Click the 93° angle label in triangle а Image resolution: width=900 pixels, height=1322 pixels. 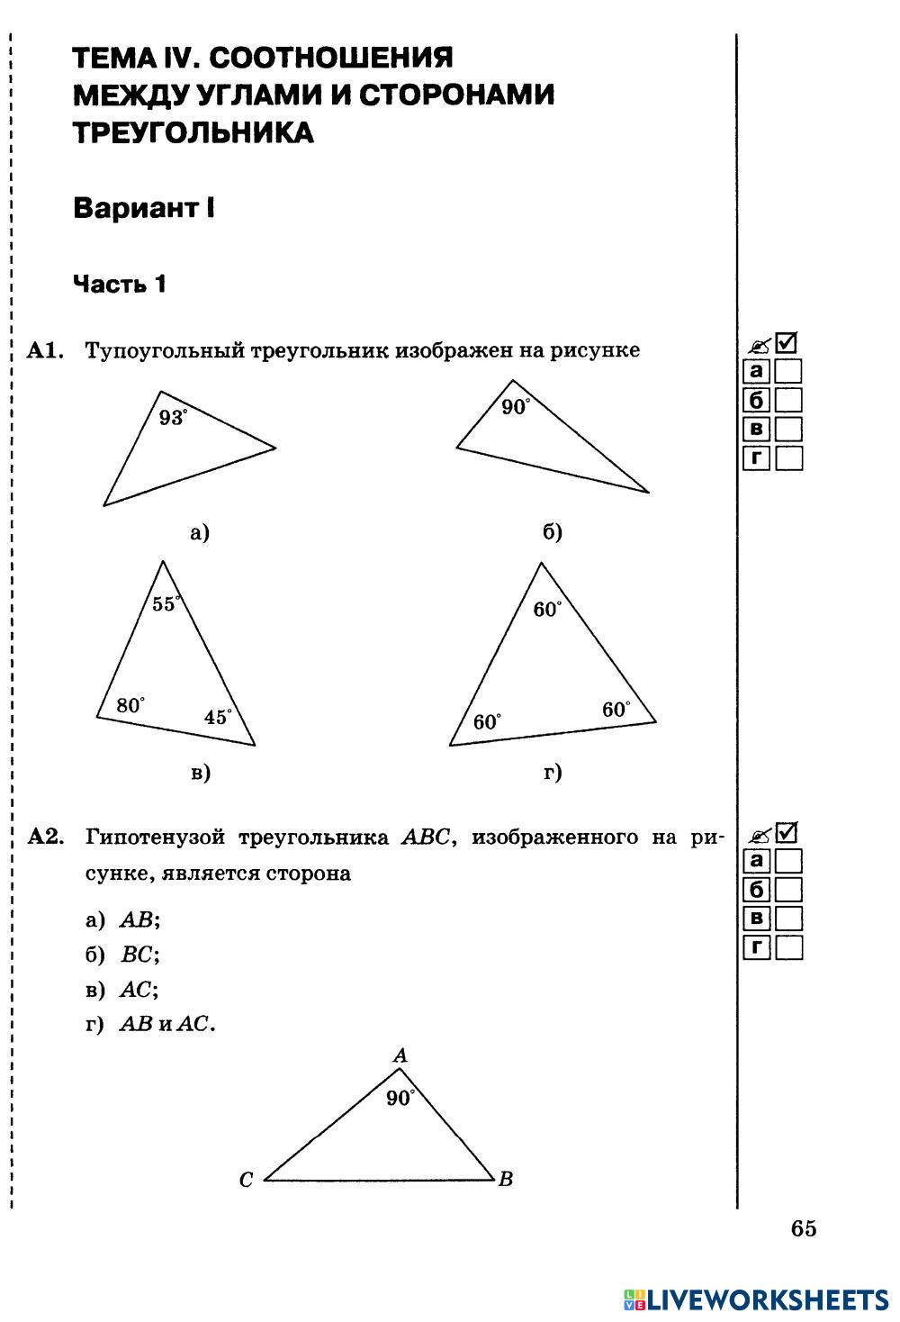click(x=173, y=417)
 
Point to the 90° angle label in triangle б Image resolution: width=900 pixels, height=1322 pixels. click(x=516, y=407)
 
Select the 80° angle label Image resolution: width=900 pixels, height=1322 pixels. click(x=130, y=705)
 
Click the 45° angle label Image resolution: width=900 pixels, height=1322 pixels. click(x=218, y=717)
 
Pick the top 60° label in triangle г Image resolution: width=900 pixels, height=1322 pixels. click(x=547, y=610)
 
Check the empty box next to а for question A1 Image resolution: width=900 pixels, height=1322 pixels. click(x=788, y=371)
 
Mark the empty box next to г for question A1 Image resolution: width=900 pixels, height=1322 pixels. click(x=788, y=458)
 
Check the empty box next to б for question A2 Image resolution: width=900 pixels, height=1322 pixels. click(x=788, y=890)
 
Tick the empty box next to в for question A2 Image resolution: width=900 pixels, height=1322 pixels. click(x=788, y=919)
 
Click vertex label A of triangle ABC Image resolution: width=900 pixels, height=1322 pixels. click(x=401, y=1055)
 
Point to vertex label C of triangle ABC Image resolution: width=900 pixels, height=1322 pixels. click(x=246, y=1180)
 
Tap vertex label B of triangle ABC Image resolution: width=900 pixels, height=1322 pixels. click(x=506, y=1179)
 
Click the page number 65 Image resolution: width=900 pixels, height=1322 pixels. click(x=804, y=1228)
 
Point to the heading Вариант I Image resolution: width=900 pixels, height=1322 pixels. click(x=144, y=209)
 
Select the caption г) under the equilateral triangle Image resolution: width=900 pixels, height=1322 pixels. click(x=553, y=772)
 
